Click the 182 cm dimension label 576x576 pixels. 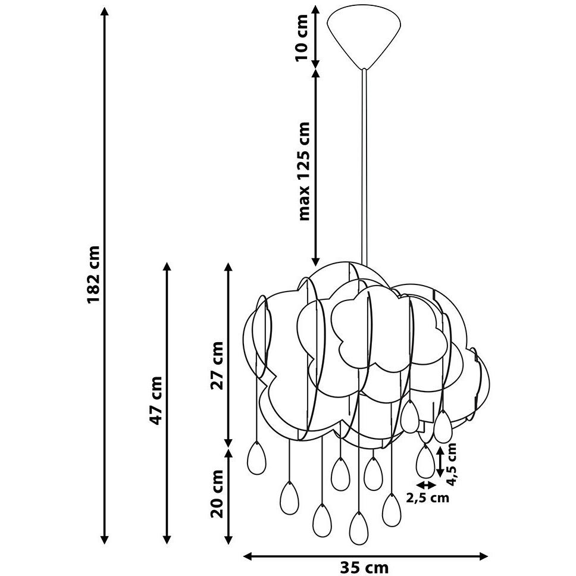click(x=93, y=275)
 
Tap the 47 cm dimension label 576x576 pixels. click(x=157, y=400)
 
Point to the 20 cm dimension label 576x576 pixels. click(x=217, y=494)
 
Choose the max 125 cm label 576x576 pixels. click(x=304, y=171)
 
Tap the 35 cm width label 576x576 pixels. click(x=364, y=568)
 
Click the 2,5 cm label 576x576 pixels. click(x=428, y=497)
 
